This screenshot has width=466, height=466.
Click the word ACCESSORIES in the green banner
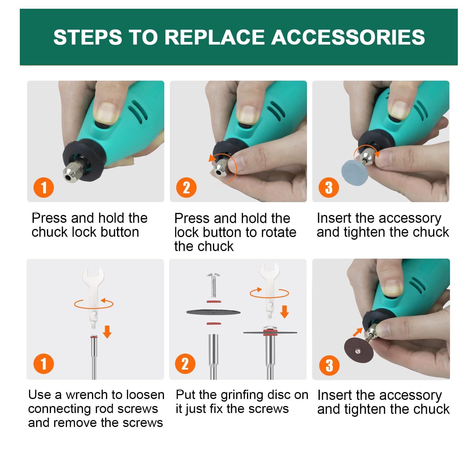tap(348, 37)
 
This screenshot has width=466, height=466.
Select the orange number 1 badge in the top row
tap(44, 188)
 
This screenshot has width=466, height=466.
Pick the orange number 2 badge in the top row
tap(186, 188)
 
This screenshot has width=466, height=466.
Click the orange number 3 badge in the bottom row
tap(329, 365)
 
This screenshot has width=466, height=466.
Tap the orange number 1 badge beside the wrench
tap(44, 363)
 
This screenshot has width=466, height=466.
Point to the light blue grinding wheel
tap(354, 172)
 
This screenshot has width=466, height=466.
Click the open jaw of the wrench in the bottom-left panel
tap(93, 274)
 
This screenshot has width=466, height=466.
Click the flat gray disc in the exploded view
tap(213, 312)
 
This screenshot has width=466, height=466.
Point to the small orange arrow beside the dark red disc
tap(358, 332)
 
